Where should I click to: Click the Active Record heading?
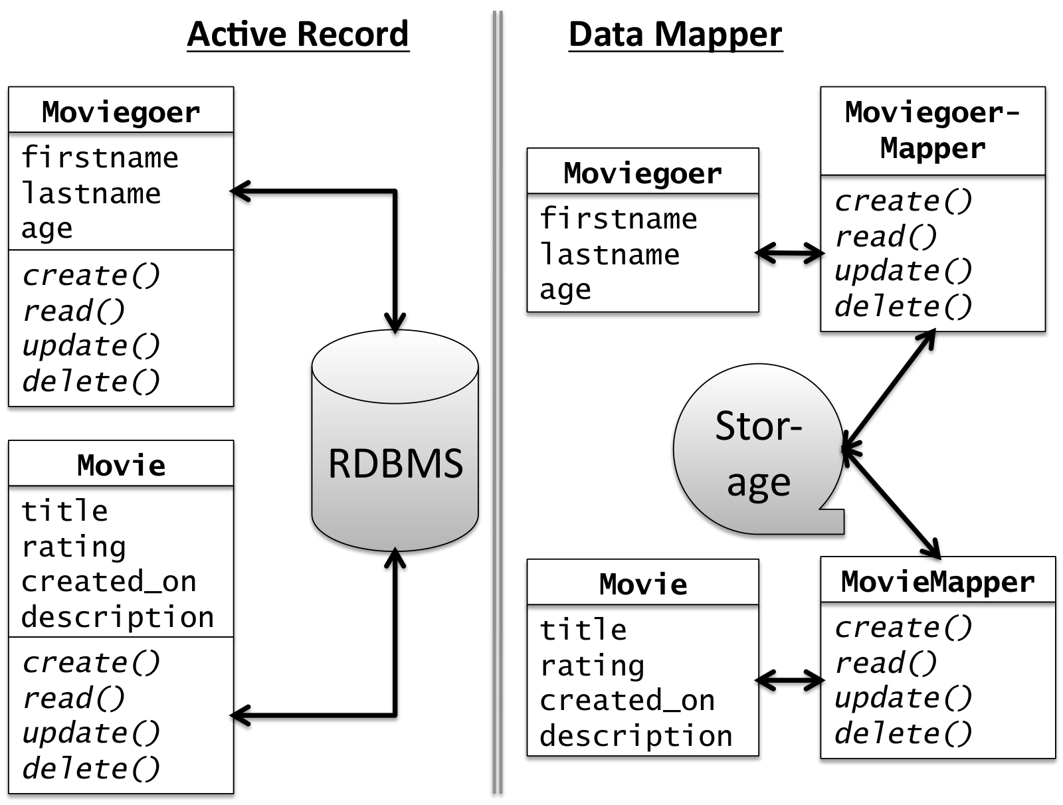click(298, 34)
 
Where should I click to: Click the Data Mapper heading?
click(675, 35)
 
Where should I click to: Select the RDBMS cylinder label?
click(395, 463)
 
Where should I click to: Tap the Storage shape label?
click(759, 454)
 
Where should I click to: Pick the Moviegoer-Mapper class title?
click(933, 130)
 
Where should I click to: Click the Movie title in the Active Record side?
click(121, 465)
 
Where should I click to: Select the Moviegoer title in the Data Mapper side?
click(642, 173)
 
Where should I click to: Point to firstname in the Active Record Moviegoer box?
click(100, 157)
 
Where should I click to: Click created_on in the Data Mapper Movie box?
click(627, 701)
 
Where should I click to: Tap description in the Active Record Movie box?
click(118, 617)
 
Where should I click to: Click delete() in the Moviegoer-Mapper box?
click(904, 306)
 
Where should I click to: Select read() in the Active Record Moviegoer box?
click(74, 310)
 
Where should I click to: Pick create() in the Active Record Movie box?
click(91, 662)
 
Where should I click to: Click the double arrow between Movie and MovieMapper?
click(789, 681)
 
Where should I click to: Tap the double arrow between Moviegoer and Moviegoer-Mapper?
click(789, 252)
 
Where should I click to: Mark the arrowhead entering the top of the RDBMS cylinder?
click(395, 322)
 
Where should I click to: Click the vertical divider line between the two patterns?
click(498, 402)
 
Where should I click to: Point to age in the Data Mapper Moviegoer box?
click(565, 290)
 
